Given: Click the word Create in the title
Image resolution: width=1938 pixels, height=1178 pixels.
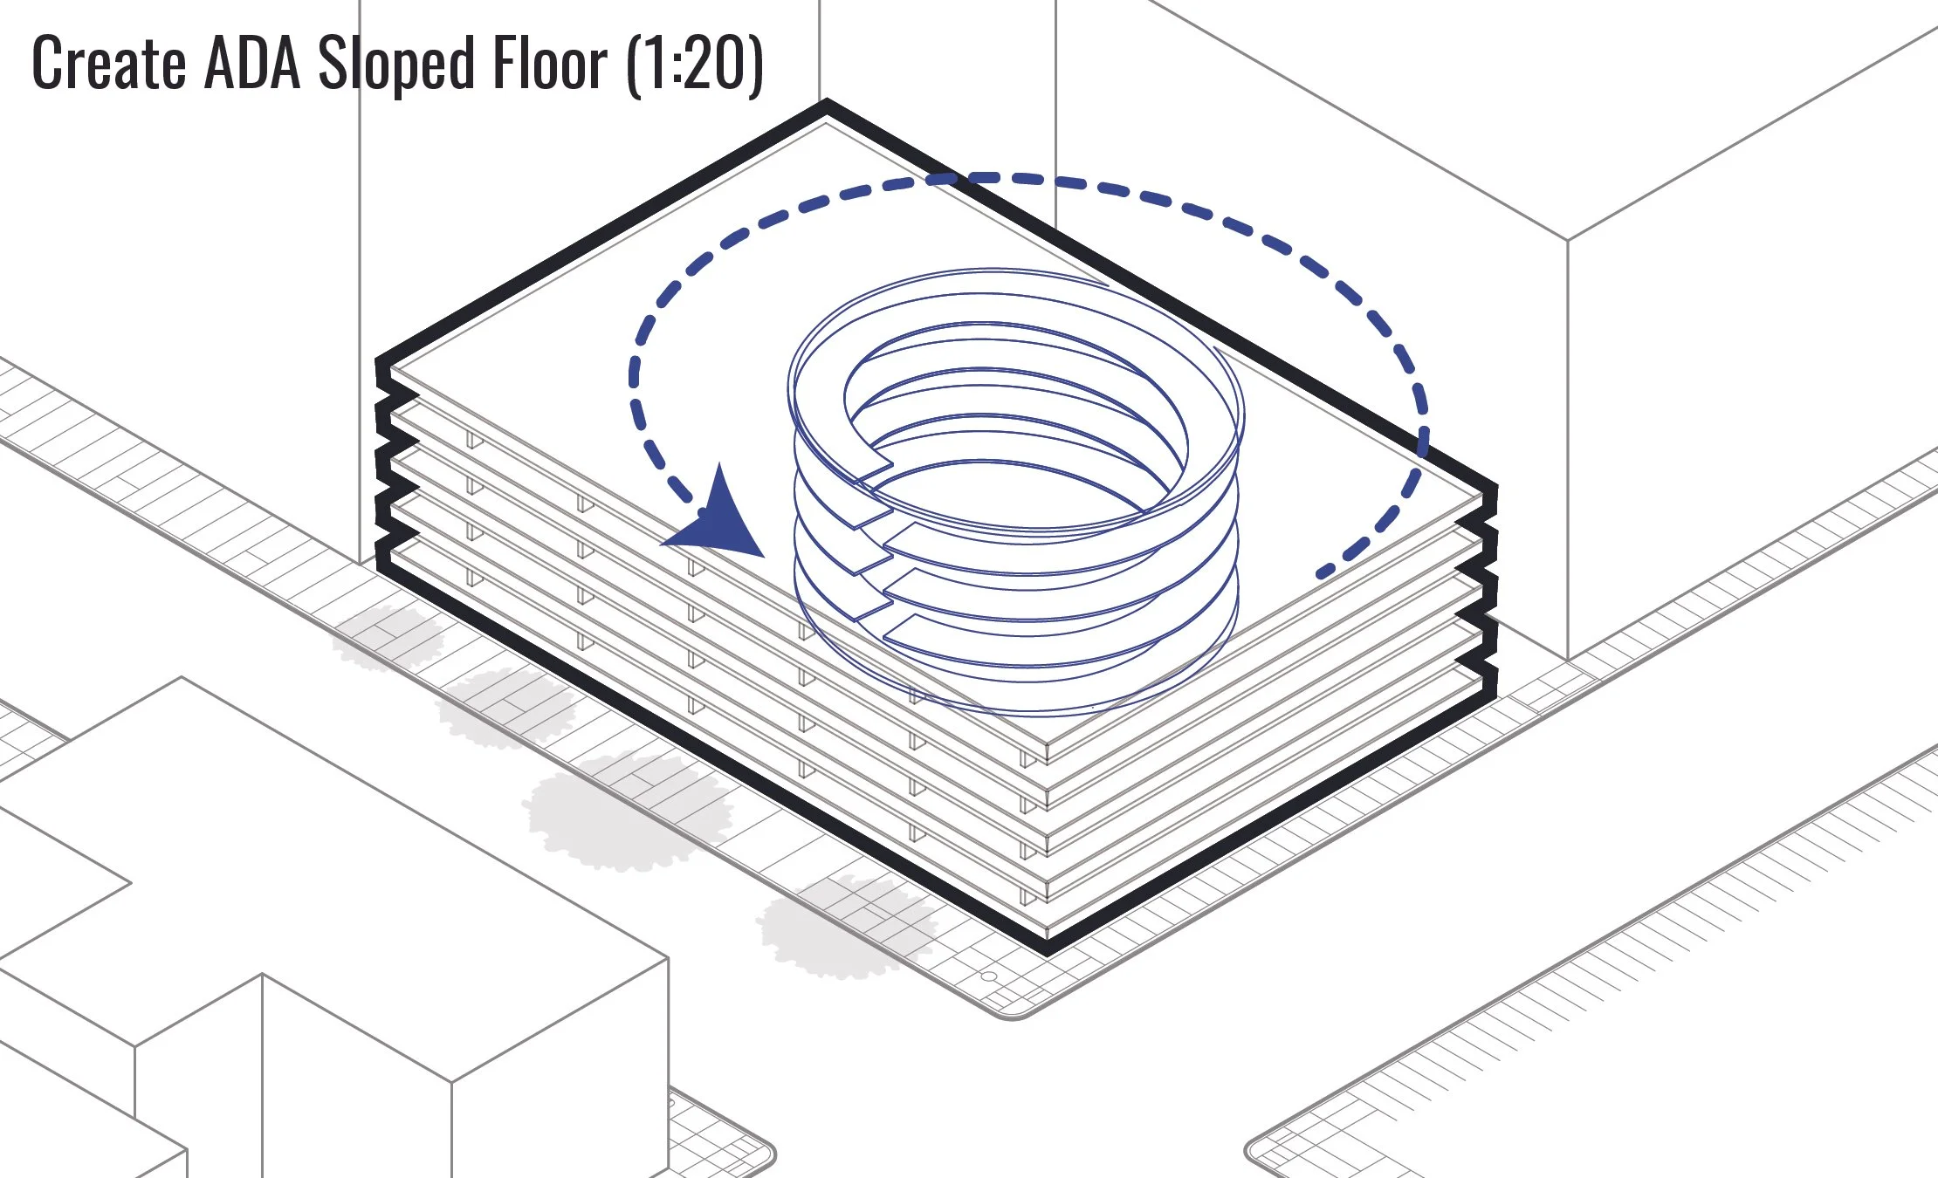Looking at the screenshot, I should (x=109, y=64).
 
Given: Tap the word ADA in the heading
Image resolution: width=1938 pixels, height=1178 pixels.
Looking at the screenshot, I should (x=252, y=64).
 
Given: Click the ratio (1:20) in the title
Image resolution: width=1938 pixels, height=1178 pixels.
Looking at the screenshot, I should (x=695, y=64).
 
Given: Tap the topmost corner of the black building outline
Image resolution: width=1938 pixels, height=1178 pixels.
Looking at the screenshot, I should (x=826, y=105).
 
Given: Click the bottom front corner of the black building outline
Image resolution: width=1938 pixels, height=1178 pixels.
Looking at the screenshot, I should (x=1048, y=949).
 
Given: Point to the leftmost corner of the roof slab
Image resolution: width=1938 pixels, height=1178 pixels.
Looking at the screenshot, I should (x=392, y=371).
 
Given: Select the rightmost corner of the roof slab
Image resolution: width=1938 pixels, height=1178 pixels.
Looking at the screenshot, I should (x=1482, y=496).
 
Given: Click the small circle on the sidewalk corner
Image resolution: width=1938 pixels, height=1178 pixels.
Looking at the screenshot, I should (x=990, y=976).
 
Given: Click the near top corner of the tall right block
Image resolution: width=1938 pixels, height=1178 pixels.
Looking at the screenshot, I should (x=1568, y=239).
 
